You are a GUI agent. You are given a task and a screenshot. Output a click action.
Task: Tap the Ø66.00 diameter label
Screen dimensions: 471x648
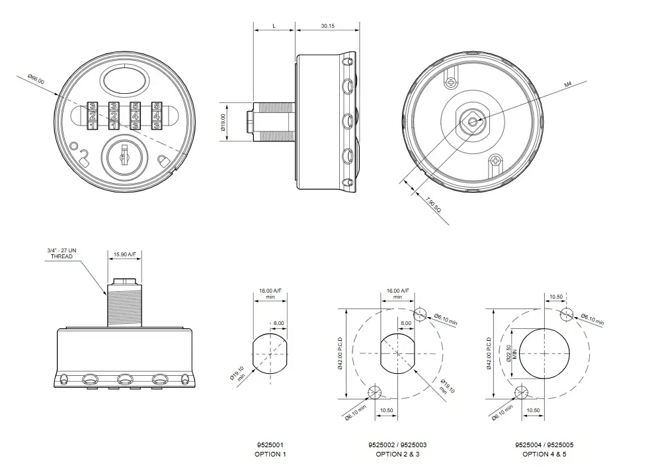pos(36,80)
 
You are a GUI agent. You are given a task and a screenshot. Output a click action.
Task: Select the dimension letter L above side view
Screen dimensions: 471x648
pos(274,26)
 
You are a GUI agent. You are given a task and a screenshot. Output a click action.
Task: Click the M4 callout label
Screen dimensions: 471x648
pos(567,85)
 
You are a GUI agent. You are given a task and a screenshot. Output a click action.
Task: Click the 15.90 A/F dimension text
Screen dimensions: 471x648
pos(125,254)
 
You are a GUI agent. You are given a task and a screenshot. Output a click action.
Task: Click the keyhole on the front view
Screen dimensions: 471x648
pos(124,157)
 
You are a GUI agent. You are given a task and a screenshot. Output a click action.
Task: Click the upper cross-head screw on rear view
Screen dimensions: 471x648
pos(451,83)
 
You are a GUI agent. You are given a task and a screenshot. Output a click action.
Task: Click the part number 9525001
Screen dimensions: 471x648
pos(270,445)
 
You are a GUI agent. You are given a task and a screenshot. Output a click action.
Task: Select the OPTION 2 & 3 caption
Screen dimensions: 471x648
pos(397,454)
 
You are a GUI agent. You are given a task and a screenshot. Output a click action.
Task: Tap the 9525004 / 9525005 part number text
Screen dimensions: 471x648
pos(544,445)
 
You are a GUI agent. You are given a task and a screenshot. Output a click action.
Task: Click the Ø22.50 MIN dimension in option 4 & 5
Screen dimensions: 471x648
pos(508,353)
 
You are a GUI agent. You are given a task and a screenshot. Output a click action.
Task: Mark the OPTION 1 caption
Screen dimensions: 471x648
pos(270,454)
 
